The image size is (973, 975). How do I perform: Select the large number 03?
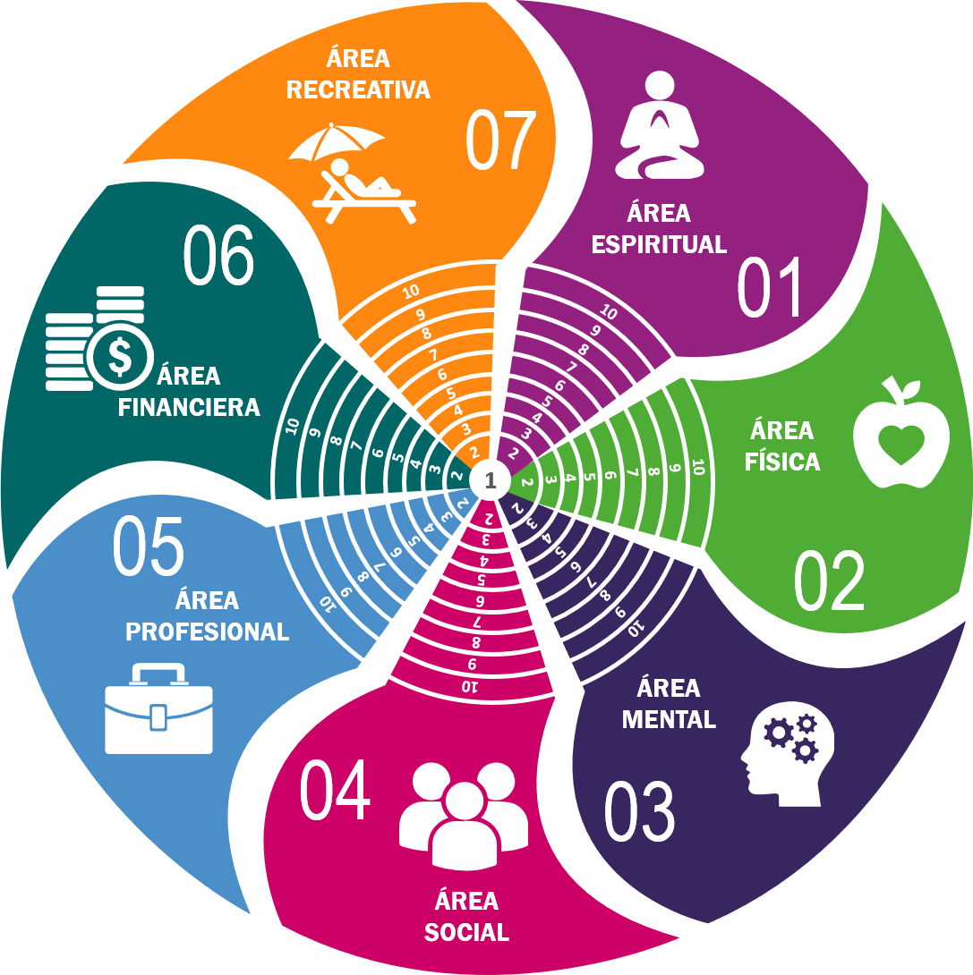[639, 811]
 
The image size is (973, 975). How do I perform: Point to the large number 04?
[335, 792]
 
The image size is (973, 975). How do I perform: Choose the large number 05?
[148, 547]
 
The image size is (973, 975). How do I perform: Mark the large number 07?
[500, 141]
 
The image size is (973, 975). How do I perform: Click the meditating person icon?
[660, 127]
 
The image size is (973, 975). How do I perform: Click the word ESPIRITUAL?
[659, 244]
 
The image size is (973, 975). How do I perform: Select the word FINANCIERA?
[190, 408]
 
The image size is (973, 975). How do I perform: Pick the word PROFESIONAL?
[207, 632]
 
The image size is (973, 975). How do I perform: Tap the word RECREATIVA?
[358, 89]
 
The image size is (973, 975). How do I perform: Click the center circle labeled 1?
[490, 480]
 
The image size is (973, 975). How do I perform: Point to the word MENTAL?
[669, 719]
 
